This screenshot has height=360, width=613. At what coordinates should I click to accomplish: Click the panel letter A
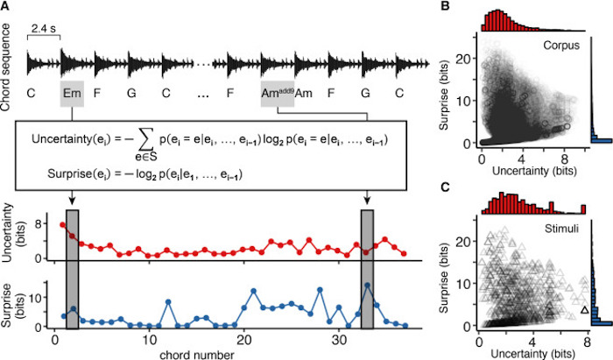8,8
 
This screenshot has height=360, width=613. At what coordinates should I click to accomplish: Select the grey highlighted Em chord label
72,94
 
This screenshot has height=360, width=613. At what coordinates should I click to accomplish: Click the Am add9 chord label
277,93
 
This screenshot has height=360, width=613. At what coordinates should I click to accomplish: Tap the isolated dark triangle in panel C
584,309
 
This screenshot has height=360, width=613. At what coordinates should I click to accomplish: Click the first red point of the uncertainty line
62,225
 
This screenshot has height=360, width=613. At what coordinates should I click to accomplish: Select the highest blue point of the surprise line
367,285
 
